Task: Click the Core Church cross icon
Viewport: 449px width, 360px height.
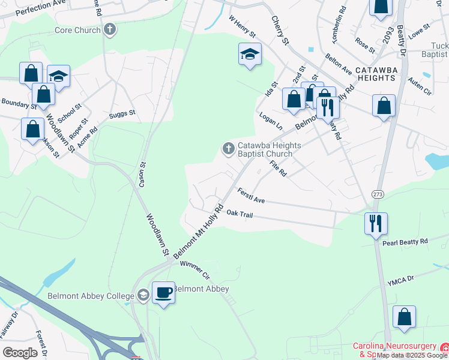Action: tap(109, 29)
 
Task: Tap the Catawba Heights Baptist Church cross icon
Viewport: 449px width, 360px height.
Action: tap(228, 148)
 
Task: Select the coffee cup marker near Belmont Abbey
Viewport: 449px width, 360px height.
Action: tap(163, 293)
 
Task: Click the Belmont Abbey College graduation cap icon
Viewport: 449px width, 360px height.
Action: tap(143, 295)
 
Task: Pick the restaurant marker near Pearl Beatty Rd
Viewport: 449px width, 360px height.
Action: tap(376, 224)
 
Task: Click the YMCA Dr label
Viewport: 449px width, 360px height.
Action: tap(401, 280)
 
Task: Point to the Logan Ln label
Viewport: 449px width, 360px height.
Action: tap(271, 119)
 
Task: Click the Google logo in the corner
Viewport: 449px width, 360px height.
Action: tap(20, 352)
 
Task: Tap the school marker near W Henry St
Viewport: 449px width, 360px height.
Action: tap(250, 55)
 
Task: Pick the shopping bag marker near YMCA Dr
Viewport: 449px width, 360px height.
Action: tap(405, 317)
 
